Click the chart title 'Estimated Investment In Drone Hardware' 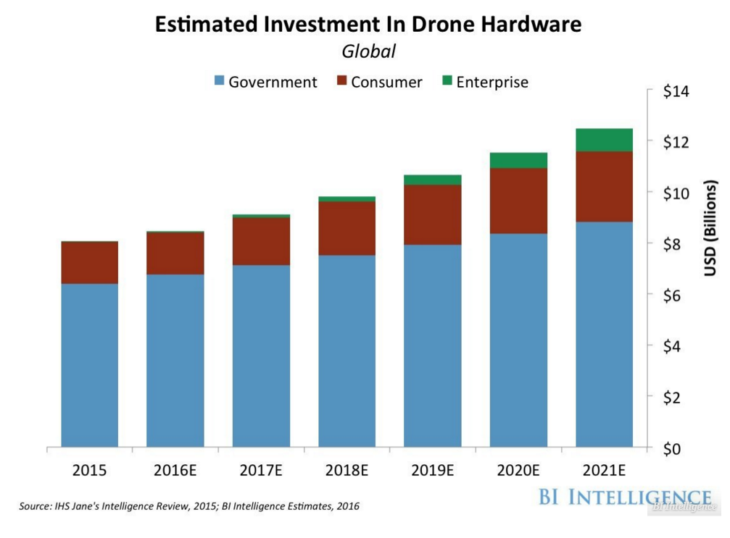[x=368, y=24]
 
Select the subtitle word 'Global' [x=368, y=51]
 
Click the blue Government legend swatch [x=219, y=81]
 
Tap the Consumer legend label [x=386, y=82]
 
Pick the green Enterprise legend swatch [x=446, y=81]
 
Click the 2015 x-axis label [x=89, y=471]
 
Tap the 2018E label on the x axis [x=347, y=471]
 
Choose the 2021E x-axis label [x=604, y=471]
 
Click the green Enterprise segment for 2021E [x=604, y=140]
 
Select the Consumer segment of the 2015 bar [x=89, y=262]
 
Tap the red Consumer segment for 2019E [x=432, y=214]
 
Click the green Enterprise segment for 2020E [x=518, y=160]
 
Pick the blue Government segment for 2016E [x=175, y=361]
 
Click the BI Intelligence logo [x=625, y=498]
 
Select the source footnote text [x=189, y=506]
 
